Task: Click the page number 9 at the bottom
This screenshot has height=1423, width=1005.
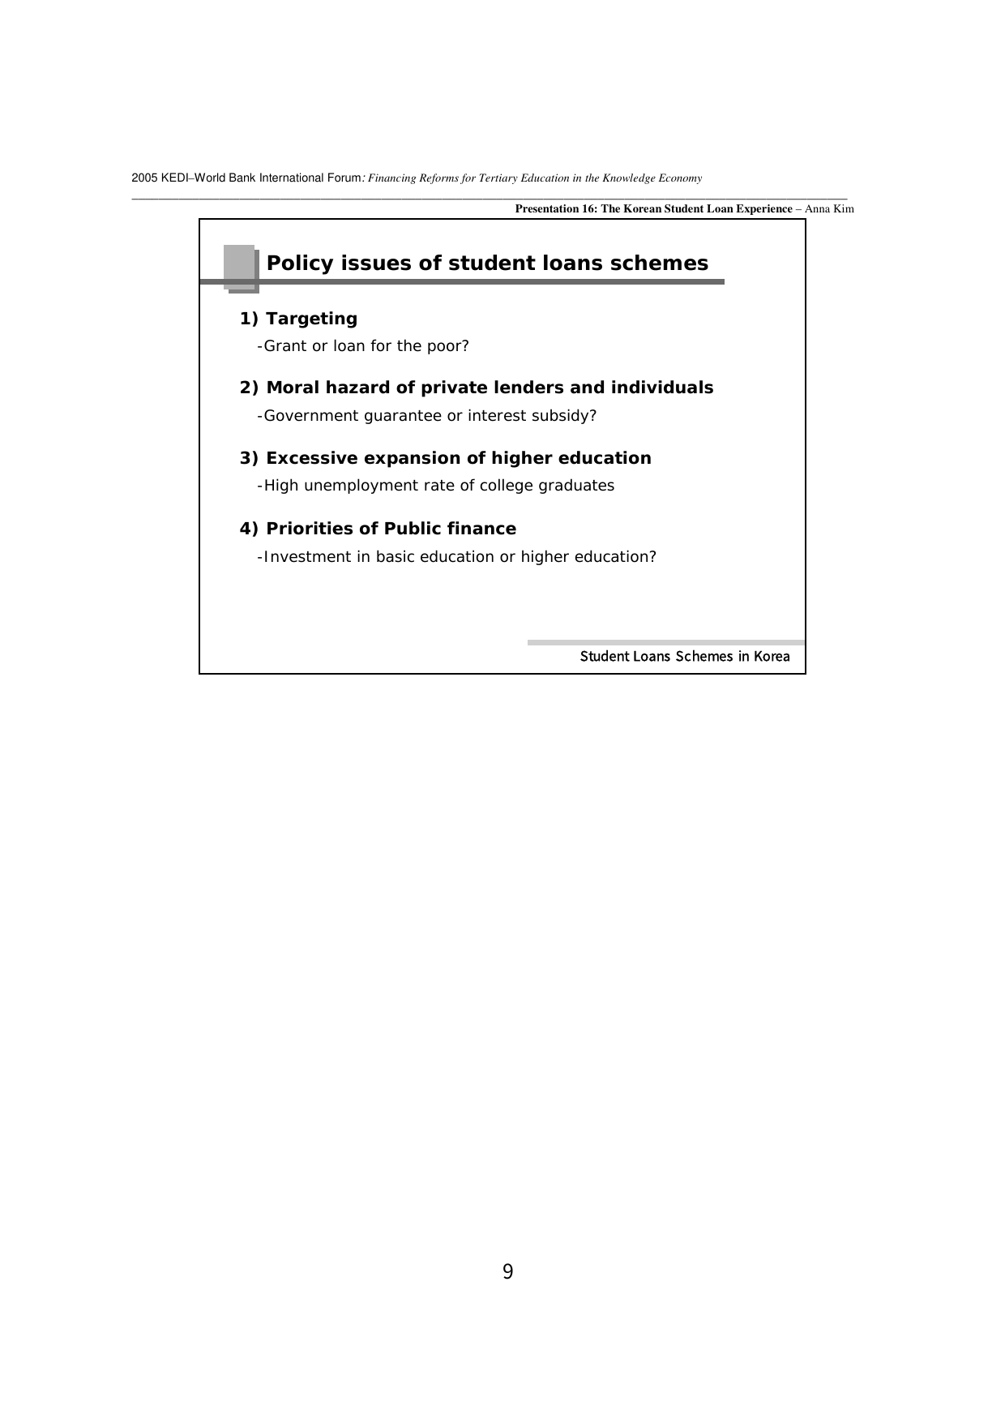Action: [507, 1271]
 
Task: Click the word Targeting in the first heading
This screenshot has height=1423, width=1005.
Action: [311, 319]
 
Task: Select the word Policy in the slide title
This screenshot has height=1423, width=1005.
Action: [299, 264]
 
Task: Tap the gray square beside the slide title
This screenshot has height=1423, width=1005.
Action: [240, 265]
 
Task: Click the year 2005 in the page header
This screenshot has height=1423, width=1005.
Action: [144, 178]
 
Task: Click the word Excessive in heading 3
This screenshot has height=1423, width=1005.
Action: [312, 458]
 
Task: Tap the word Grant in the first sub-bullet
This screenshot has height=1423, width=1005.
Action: [285, 346]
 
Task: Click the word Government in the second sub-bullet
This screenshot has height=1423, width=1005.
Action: [311, 416]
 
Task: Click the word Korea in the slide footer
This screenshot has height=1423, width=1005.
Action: [772, 657]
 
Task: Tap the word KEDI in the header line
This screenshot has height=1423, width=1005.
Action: [174, 178]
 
